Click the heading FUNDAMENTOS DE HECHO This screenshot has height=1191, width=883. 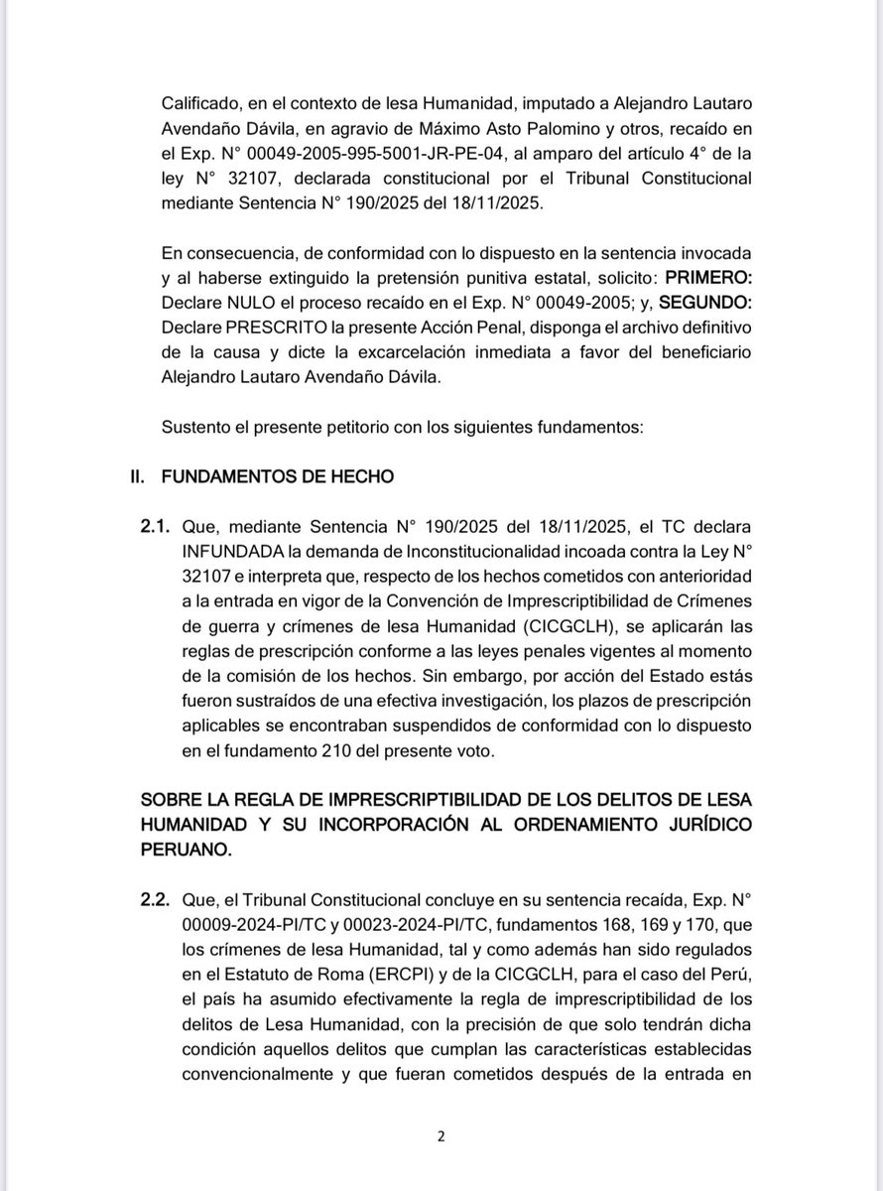(277, 477)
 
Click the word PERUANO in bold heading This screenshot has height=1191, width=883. (197, 848)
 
